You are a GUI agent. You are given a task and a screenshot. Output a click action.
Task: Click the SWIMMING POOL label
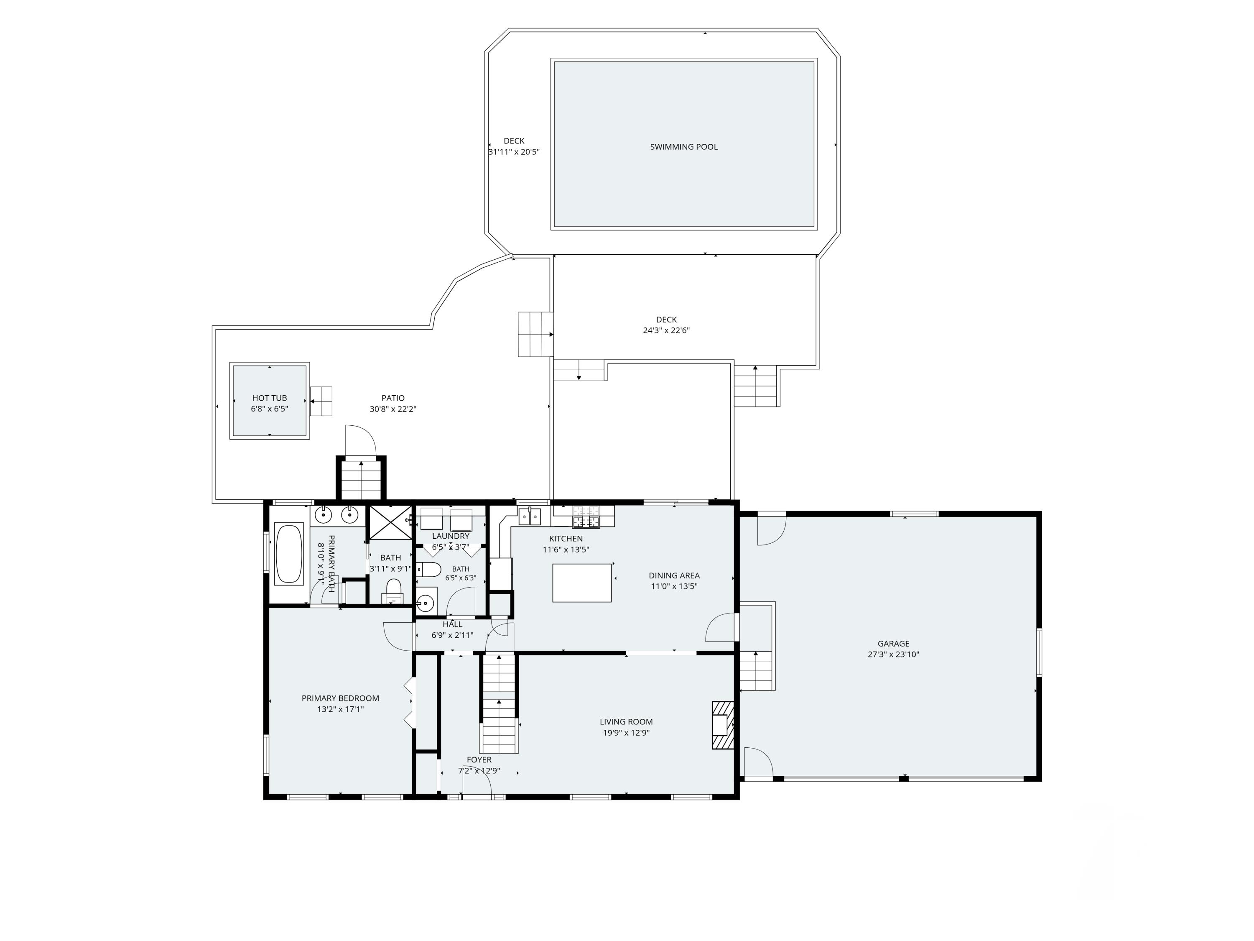coord(684,147)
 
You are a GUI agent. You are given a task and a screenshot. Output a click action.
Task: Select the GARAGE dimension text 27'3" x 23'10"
coord(893,655)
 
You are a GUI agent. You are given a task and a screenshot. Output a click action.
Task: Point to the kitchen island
coord(582,583)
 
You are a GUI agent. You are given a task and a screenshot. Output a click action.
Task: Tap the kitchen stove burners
coord(586,517)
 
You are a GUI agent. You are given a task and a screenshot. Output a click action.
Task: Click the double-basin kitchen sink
coord(530,517)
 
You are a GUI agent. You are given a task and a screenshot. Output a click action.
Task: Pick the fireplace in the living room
coord(723,726)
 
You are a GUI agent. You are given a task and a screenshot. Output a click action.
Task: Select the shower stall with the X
coord(390,522)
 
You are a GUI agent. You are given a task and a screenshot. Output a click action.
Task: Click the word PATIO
coord(393,398)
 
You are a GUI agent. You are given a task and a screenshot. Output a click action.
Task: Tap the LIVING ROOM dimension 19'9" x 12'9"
coord(626,733)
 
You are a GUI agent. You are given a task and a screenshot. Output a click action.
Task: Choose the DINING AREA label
coord(674,576)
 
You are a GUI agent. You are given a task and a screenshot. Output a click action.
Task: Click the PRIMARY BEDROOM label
coord(340,698)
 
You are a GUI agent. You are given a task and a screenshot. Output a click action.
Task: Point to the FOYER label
coord(479,760)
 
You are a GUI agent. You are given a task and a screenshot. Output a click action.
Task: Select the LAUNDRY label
coord(451,536)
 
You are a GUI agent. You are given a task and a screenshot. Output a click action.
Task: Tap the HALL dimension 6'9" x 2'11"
coord(452,635)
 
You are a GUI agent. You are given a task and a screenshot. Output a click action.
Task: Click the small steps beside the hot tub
coord(321,401)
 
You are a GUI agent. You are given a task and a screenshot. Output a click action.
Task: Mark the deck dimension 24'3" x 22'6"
coord(666,331)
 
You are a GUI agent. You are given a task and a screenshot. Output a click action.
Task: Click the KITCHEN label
coord(566,539)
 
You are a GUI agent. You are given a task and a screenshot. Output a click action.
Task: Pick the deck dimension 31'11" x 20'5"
coord(514,152)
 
